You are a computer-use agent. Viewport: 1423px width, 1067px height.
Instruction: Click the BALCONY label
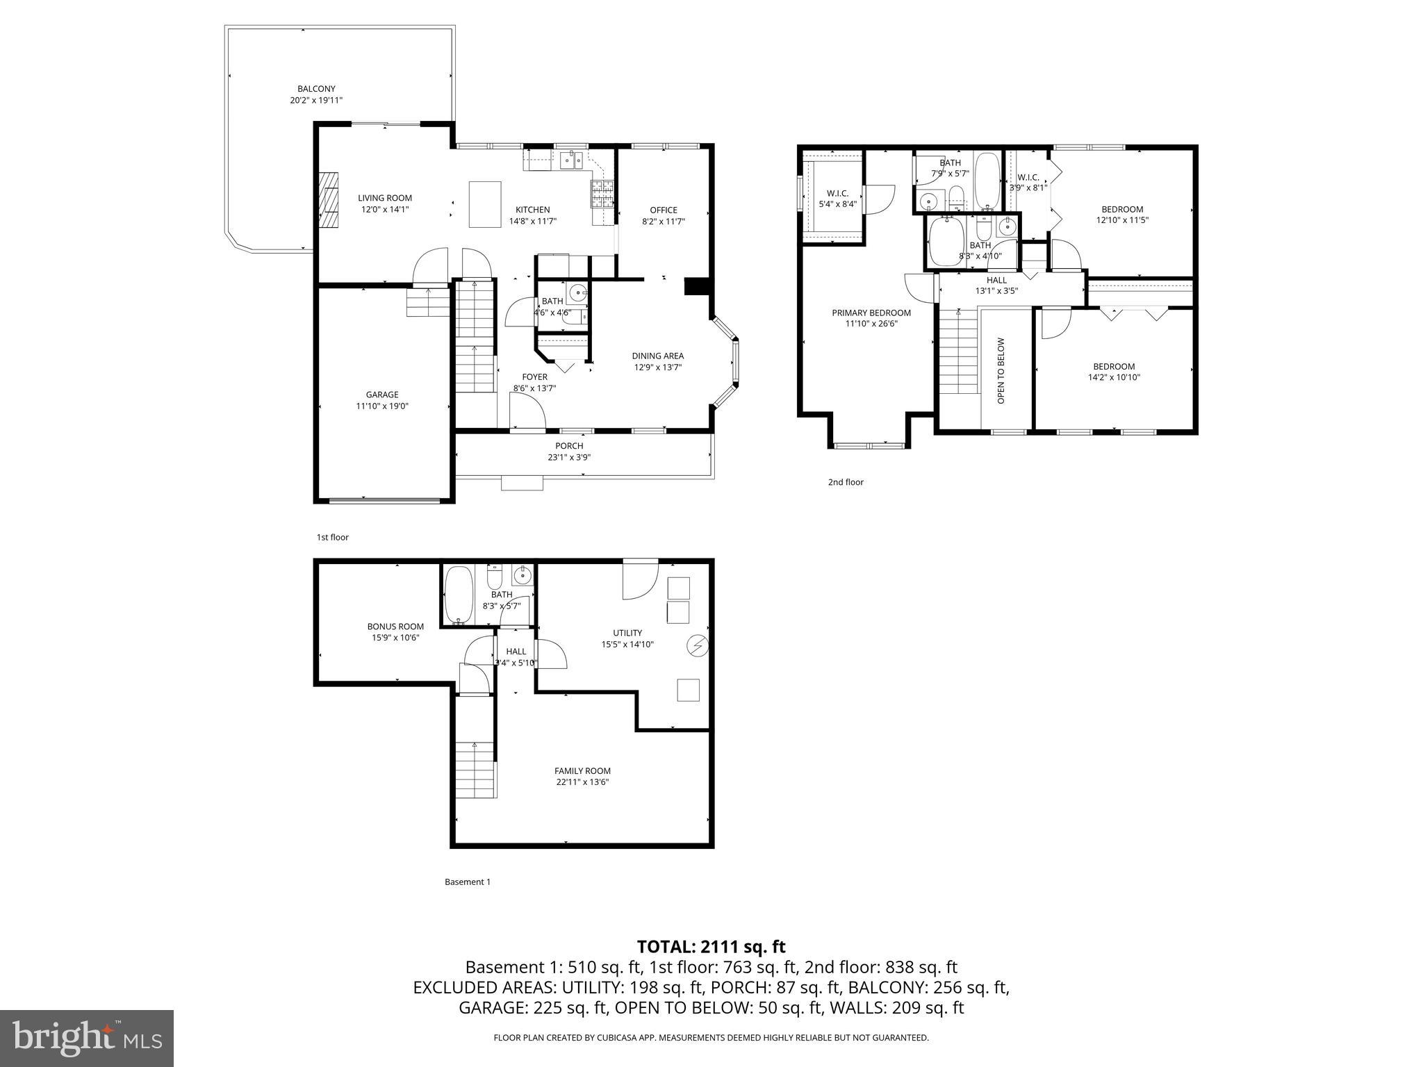[x=316, y=89]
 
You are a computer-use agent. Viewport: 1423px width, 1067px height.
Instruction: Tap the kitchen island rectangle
[x=485, y=204]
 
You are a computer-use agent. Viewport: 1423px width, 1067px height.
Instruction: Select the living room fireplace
[x=329, y=200]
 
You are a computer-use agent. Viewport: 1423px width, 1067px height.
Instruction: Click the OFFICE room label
[x=663, y=210]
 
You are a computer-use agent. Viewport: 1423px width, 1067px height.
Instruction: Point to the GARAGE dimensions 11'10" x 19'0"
[x=382, y=406]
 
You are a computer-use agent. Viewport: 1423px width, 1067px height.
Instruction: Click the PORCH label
[x=569, y=446]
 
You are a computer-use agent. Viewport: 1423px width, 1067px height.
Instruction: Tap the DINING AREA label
[x=657, y=356]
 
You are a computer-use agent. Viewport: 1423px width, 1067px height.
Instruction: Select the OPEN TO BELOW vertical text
[x=1001, y=370]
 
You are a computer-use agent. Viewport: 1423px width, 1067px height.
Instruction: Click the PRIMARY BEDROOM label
[x=871, y=313]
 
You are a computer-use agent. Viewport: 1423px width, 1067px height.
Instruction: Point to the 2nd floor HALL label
[x=996, y=280]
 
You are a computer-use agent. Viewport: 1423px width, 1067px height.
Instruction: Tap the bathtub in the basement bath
[x=458, y=595]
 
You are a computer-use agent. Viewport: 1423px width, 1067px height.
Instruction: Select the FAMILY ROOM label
[x=582, y=770]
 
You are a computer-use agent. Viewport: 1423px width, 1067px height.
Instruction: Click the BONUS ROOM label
[x=395, y=626]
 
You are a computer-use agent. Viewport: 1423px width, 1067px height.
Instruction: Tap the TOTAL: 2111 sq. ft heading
[x=711, y=946]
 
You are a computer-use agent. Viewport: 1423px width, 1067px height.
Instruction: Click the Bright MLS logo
[x=87, y=1039]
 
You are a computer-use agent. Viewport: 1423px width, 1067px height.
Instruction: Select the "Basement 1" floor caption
[x=468, y=882]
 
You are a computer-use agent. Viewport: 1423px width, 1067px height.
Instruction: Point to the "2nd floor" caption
[x=846, y=482]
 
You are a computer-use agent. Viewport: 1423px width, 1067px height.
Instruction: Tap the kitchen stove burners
[x=602, y=195]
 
